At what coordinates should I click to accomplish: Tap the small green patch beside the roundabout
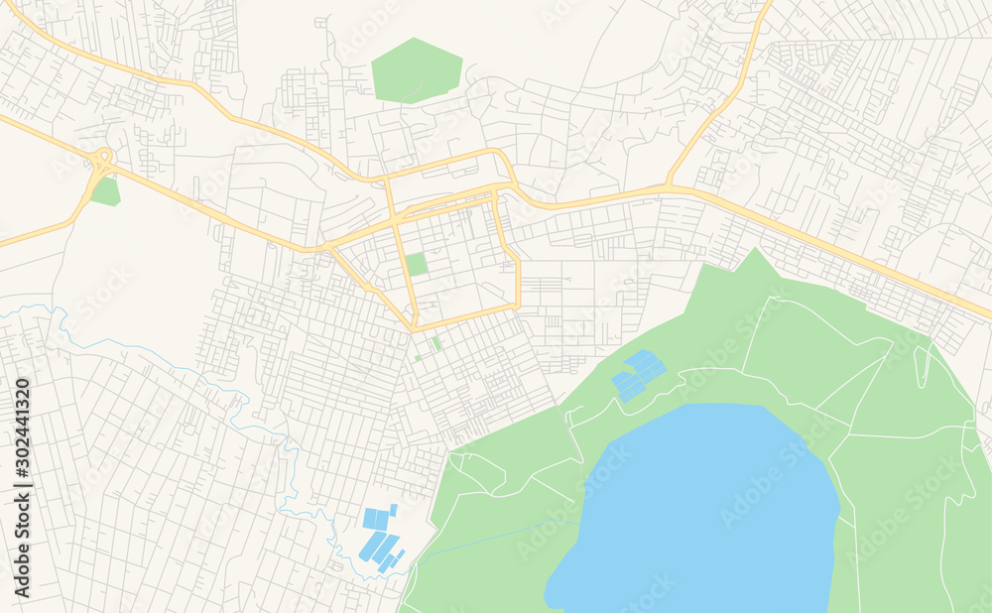click(x=105, y=191)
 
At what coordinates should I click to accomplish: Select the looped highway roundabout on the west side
click(x=103, y=157)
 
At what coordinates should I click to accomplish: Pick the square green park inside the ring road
click(x=417, y=264)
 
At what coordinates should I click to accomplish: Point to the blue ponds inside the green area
click(x=637, y=375)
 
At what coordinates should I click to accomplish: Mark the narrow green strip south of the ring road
click(x=436, y=343)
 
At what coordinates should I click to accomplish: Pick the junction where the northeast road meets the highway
click(x=669, y=185)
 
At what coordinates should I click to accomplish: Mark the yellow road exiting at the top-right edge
click(x=767, y=8)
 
